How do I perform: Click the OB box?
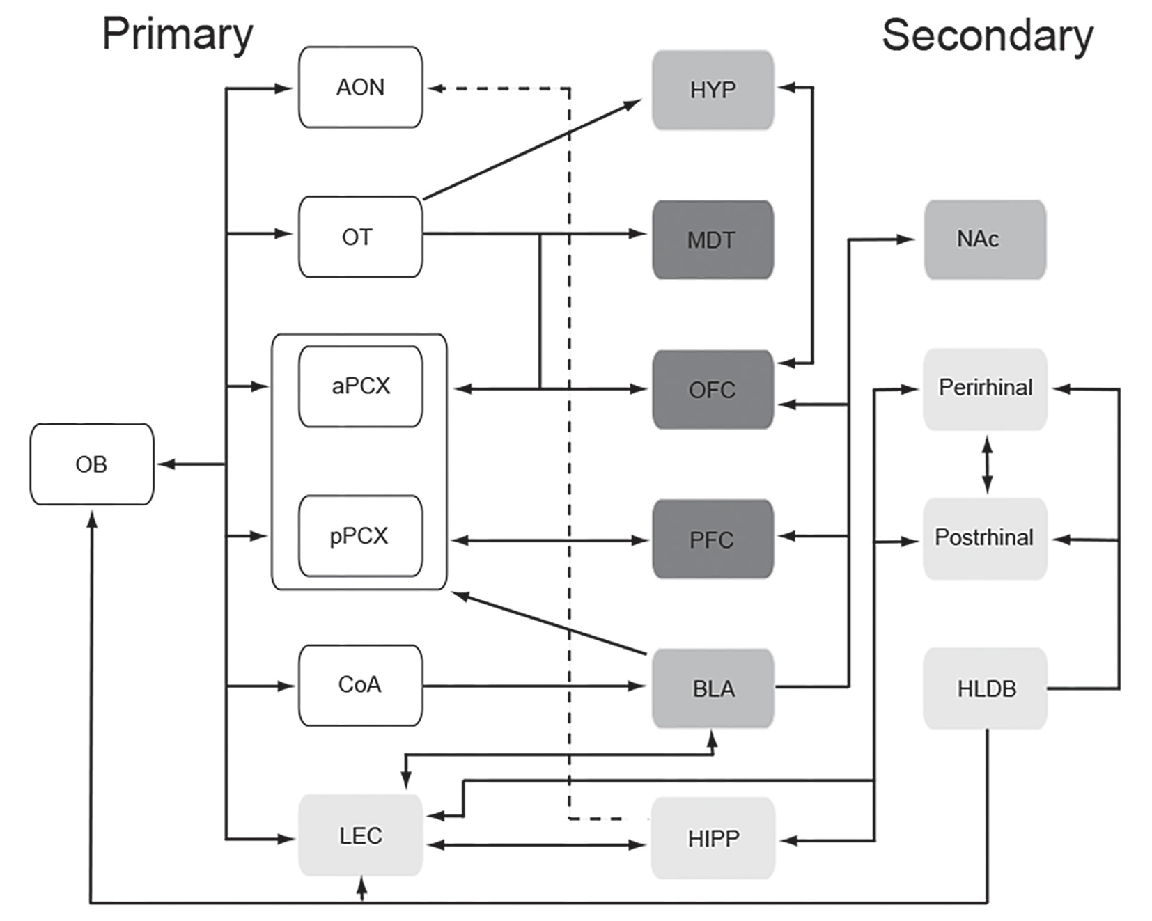[91, 464]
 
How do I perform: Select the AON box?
[360, 88]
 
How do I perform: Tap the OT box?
[360, 237]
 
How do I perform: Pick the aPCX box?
[360, 386]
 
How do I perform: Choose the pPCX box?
[360, 536]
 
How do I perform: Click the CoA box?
[360, 685]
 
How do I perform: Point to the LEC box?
[360, 835]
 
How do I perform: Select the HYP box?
[713, 90]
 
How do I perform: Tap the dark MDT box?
[713, 240]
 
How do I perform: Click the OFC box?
[713, 390]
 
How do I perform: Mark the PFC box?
[713, 540]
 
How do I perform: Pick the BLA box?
[713, 688]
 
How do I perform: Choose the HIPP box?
[713, 838]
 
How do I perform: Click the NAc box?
[984, 239]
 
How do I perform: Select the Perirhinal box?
[985, 388]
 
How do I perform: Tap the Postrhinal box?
[985, 538]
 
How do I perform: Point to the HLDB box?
[985, 688]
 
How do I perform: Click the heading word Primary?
[178, 35]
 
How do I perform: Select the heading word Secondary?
[987, 36]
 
